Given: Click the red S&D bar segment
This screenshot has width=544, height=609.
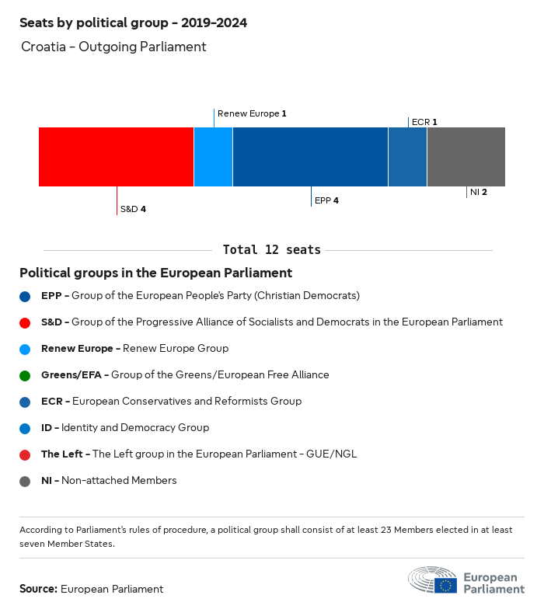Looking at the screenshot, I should (116, 157).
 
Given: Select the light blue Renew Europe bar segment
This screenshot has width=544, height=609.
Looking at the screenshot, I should (213, 157).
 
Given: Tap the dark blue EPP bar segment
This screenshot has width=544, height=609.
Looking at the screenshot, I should (310, 157).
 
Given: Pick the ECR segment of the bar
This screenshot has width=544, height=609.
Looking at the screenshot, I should (407, 157).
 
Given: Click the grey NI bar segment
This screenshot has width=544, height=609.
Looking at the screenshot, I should (466, 157).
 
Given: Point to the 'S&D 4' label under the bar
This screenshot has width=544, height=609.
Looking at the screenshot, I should (133, 209).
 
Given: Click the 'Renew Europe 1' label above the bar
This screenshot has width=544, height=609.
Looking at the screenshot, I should (252, 113).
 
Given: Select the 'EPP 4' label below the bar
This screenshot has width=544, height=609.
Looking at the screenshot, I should (326, 200).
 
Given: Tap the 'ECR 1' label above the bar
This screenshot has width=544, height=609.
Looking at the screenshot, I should (424, 122).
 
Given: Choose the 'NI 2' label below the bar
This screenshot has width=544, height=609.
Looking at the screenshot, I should (479, 192).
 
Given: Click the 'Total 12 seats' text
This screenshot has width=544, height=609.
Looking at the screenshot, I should (271, 250).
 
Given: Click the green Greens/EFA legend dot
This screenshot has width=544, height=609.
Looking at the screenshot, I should (25, 375).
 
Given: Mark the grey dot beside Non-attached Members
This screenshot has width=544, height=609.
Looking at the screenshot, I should (25, 481).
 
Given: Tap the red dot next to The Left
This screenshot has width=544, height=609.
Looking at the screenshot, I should (25, 454).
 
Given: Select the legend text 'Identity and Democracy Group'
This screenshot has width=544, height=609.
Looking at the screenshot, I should (135, 428).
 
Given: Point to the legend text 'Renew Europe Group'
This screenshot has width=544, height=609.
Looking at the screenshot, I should (176, 349).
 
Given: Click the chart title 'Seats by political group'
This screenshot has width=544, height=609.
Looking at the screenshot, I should (133, 23).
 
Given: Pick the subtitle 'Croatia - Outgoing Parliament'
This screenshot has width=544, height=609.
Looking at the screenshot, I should (113, 47).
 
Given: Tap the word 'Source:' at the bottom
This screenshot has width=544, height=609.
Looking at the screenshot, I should (38, 589).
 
